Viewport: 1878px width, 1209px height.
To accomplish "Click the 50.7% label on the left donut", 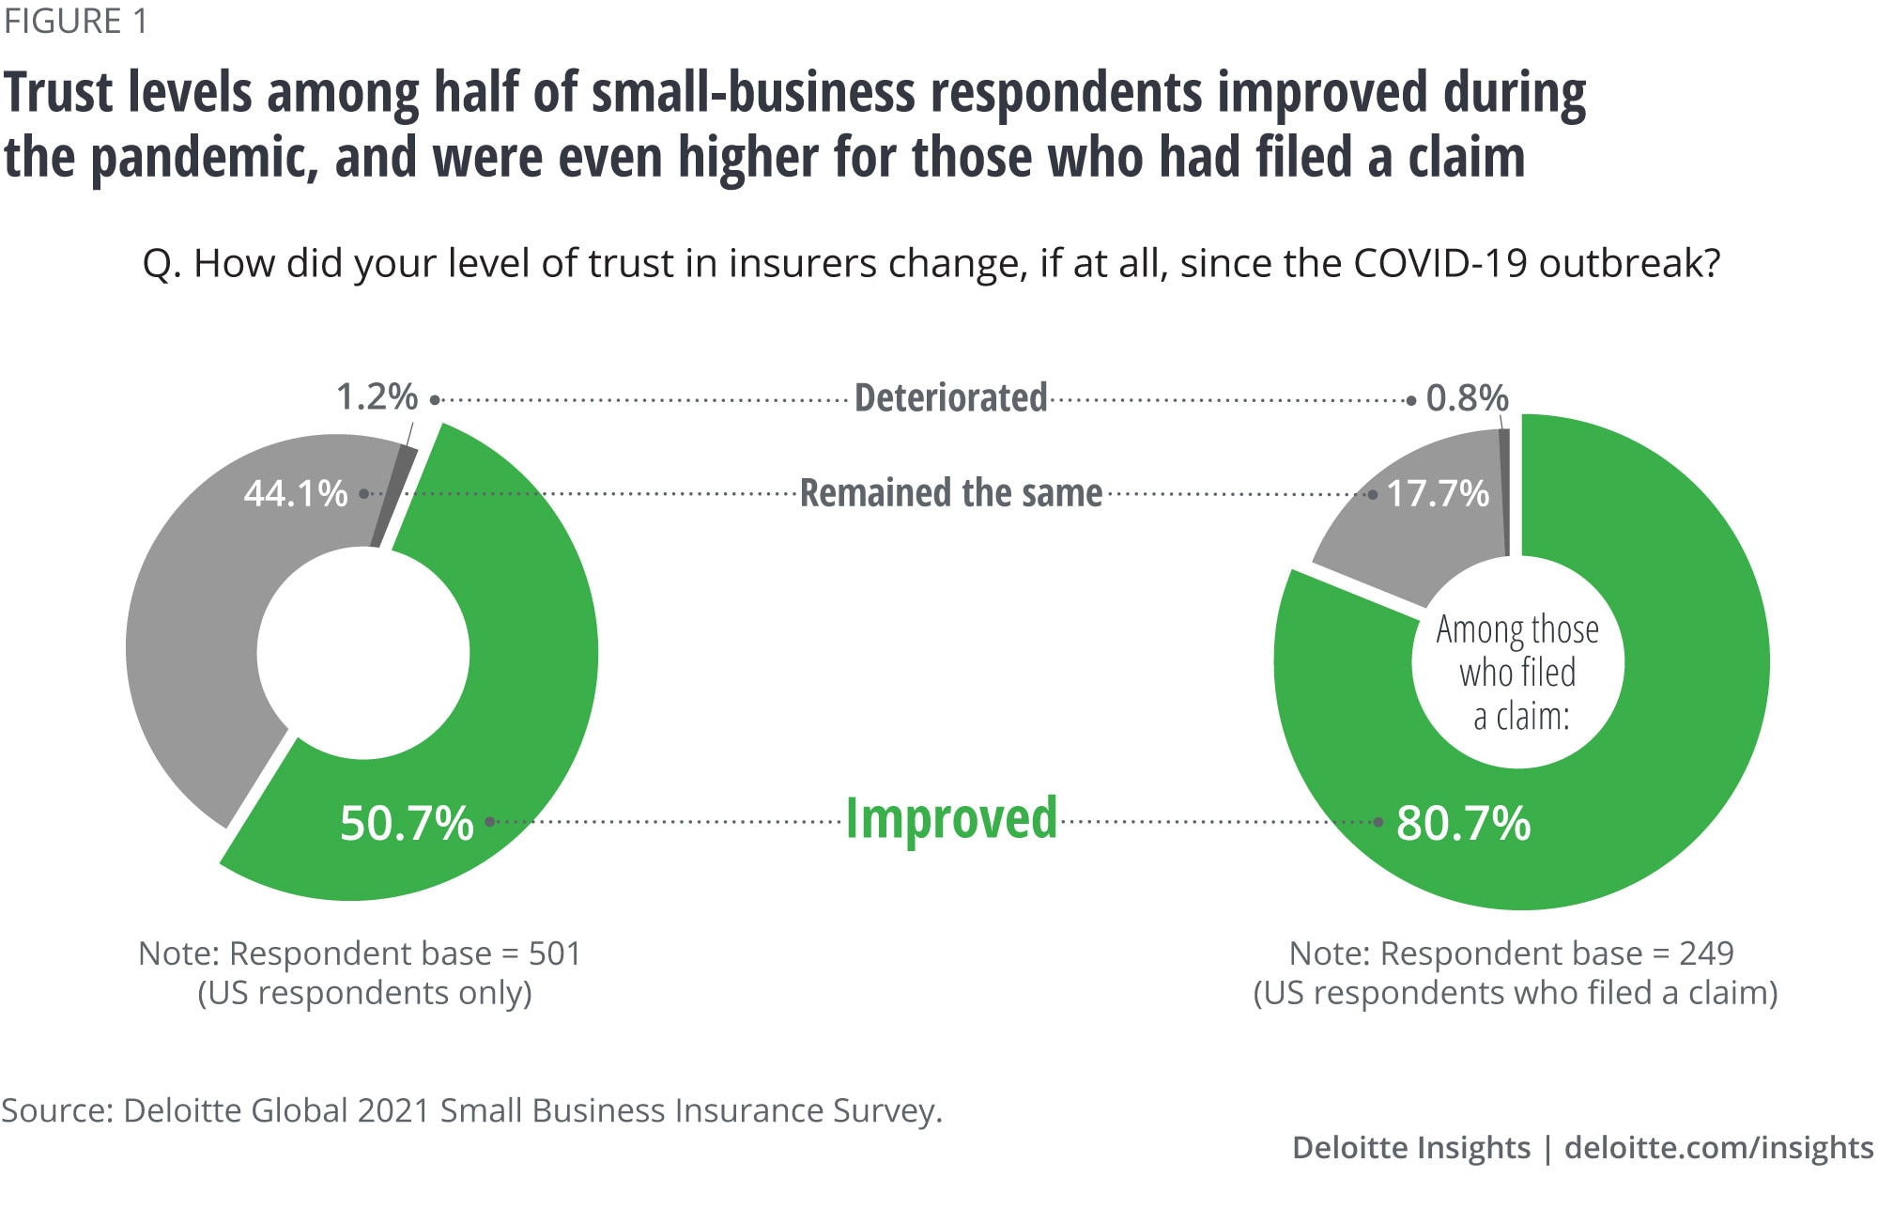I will coord(407,823).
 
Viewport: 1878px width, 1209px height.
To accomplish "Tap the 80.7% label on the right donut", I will coord(1463,823).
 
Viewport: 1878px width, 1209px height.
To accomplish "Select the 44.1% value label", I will coord(296,493).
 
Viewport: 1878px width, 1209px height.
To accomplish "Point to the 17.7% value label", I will coord(1438,493).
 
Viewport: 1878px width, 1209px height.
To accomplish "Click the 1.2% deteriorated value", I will coord(377,397).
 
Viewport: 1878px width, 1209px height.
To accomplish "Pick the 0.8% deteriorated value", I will coord(1467,398).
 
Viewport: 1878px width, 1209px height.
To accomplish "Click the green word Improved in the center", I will coord(951,819).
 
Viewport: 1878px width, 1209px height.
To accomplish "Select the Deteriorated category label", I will coord(950,398).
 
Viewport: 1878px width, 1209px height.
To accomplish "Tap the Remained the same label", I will coord(950,493).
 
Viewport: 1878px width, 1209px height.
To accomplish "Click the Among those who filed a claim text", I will coord(1517,673).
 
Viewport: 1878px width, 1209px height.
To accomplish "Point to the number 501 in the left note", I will coord(555,953).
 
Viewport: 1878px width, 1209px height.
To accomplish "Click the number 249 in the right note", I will coord(1706,953).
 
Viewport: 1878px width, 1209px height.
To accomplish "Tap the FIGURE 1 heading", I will coord(75,21).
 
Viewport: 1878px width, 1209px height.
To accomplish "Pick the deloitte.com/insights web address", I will coord(1718,1148).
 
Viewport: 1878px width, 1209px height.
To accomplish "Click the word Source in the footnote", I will coord(55,1110).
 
